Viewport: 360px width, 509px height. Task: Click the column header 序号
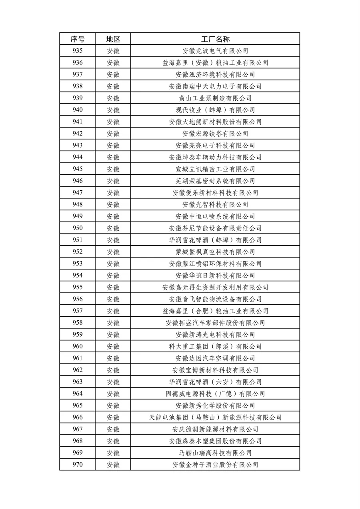[78, 39]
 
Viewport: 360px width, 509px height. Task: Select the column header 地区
[113, 39]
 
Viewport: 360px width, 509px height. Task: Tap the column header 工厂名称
[215, 39]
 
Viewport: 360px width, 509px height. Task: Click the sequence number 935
[78, 51]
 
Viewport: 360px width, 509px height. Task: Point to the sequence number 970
[78, 465]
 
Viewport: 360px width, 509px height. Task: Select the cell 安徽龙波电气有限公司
[215, 51]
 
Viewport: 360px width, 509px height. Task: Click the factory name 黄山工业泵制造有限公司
[215, 98]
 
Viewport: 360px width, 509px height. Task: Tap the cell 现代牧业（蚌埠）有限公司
[215, 110]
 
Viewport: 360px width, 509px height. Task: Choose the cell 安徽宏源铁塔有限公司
[215, 134]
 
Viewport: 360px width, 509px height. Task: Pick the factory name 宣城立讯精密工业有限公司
[215, 169]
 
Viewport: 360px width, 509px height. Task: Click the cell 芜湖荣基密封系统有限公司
[215, 181]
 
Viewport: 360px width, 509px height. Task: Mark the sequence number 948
[78, 204]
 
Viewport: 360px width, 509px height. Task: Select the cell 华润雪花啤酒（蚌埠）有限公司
[215, 240]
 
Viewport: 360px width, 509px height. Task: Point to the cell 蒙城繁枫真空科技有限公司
[215, 252]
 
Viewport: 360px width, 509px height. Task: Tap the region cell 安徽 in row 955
[113, 287]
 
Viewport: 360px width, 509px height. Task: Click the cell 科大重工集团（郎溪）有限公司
[215, 346]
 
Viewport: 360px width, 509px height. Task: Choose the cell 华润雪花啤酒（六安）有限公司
[215, 382]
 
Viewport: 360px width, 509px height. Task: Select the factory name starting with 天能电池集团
[215, 417]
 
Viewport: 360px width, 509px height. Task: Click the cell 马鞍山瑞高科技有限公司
[215, 453]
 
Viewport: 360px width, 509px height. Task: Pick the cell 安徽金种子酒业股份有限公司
[215, 465]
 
